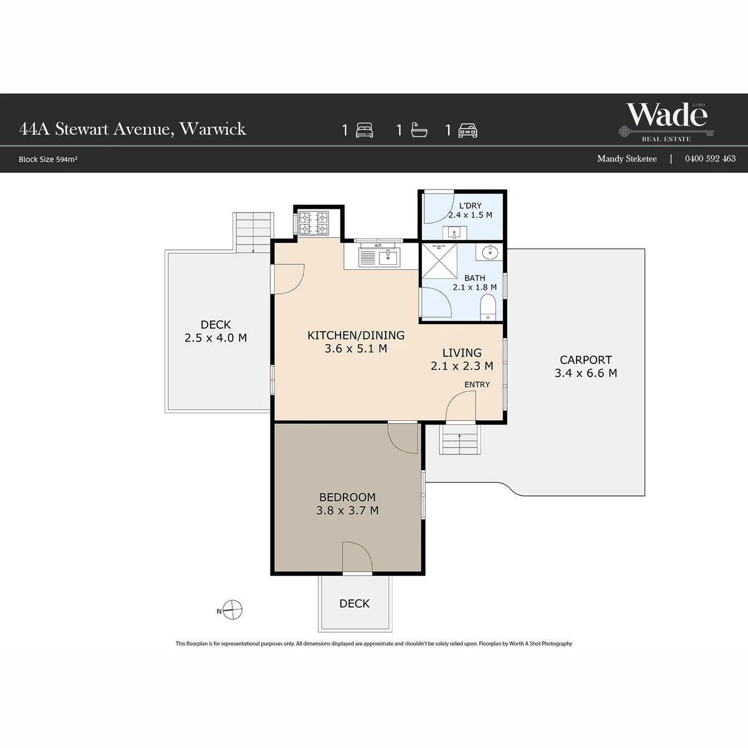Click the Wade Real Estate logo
tap(666, 122)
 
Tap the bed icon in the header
tap(365, 130)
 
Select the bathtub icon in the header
tap(420, 130)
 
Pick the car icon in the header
tap(467, 130)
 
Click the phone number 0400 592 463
tap(710, 158)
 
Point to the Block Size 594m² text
tap(48, 159)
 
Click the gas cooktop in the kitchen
tap(314, 223)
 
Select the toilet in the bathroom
tap(488, 307)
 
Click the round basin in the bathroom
tap(490, 252)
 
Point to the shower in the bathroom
tap(439, 261)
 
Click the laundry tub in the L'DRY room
tap(454, 233)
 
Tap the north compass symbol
tap(232, 610)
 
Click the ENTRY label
tap(477, 385)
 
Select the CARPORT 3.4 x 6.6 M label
tap(586, 367)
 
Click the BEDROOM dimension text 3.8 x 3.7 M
tap(347, 510)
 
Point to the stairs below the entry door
tap(459, 439)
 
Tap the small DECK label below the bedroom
tap(355, 603)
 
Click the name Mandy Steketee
tap(627, 158)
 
